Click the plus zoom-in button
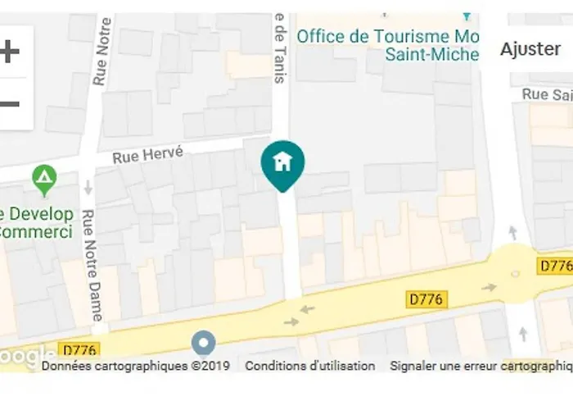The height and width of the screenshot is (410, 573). coord(10,52)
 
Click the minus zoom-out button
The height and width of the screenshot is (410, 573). coord(10,104)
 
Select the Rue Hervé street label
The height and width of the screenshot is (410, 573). coord(148,153)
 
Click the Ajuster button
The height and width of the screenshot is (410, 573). coord(531,49)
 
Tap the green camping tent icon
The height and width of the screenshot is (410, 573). coord(43,176)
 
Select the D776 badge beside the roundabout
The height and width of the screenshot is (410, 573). coord(555,266)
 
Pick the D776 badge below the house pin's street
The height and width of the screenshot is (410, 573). coord(426,299)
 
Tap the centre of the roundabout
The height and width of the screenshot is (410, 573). coord(514,273)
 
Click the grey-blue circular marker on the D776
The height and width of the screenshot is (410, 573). coord(203,343)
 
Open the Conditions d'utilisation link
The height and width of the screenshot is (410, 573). coord(310,367)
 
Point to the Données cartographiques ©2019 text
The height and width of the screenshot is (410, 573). coord(135,367)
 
